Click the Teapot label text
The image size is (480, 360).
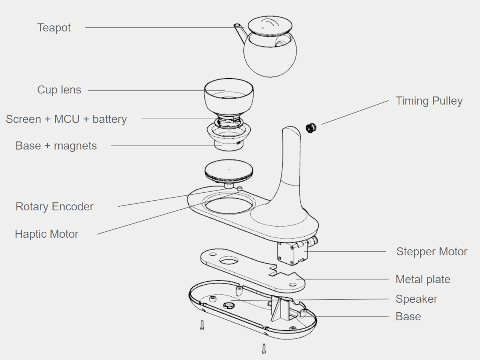coord(54,28)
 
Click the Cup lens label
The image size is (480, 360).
coord(59,90)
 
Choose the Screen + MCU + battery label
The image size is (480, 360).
coord(66,119)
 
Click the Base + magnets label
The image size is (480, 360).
coord(56,146)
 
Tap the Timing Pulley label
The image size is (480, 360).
coord(429,101)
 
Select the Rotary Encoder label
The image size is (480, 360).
coord(54,207)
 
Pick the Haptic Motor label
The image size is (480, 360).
coord(46,234)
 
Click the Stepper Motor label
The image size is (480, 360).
coord(431,252)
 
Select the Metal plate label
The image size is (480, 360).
coord(423,279)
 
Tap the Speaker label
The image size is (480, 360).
coord(416,299)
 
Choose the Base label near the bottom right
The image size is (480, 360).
coord(408,316)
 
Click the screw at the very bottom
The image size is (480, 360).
coord(264,349)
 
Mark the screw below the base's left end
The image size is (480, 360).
coord(202,325)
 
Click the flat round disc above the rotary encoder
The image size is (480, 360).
coord(228,171)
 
